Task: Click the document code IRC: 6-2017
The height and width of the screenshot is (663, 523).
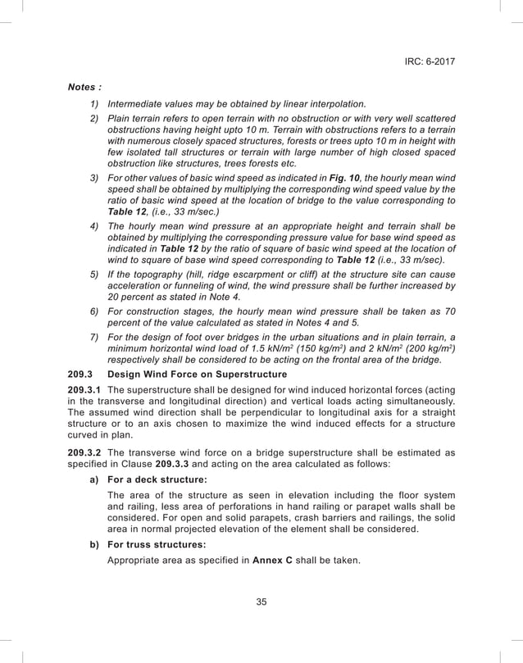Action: coord(430,61)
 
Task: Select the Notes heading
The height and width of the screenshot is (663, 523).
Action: coord(85,86)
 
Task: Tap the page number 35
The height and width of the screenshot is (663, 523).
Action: coord(261,602)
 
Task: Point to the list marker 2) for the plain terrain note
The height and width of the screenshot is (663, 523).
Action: coord(94,119)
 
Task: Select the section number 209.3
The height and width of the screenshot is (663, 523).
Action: coord(82,375)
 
